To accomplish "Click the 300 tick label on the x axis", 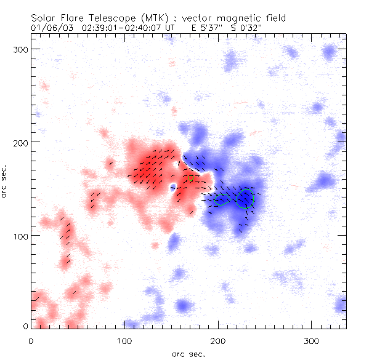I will pyautogui.click(x=312, y=340).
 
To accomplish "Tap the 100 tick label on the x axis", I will pyautogui.click(x=124, y=340).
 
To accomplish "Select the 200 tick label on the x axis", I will pyautogui.click(x=218, y=340).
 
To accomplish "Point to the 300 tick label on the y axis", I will pyautogui.click(x=19, y=48).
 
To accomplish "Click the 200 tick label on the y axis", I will pyautogui.click(x=19, y=142).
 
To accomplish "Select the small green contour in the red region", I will pyautogui.click(x=190, y=177).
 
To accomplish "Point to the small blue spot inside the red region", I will pyautogui.click(x=173, y=186).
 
